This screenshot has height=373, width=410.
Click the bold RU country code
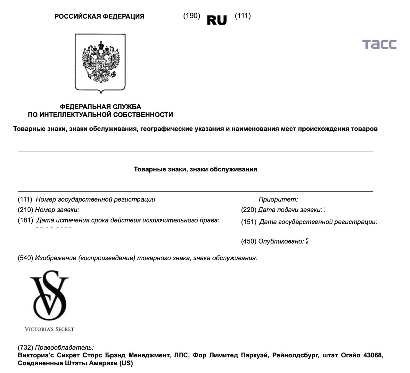point(217,20)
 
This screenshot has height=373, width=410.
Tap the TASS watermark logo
point(379,44)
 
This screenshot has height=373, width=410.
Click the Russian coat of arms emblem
point(100,63)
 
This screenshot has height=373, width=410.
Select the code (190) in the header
point(192,16)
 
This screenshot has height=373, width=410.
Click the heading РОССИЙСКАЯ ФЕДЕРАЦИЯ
point(99,16)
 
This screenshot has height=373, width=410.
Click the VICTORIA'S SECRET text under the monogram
point(49,329)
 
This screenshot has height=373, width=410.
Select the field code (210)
point(25,210)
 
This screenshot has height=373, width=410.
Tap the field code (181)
point(25,220)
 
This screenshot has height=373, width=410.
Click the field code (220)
point(249,210)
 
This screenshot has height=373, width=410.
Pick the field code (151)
point(249,222)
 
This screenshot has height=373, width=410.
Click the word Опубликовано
point(281,242)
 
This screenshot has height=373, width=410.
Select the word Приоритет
point(278,199)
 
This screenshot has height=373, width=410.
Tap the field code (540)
point(25,258)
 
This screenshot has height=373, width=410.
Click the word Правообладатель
point(64,347)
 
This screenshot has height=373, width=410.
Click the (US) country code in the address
point(126,363)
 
